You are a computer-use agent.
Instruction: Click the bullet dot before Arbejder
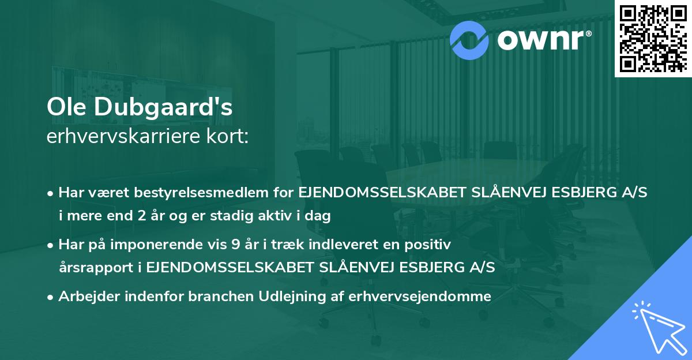point(51,297)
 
